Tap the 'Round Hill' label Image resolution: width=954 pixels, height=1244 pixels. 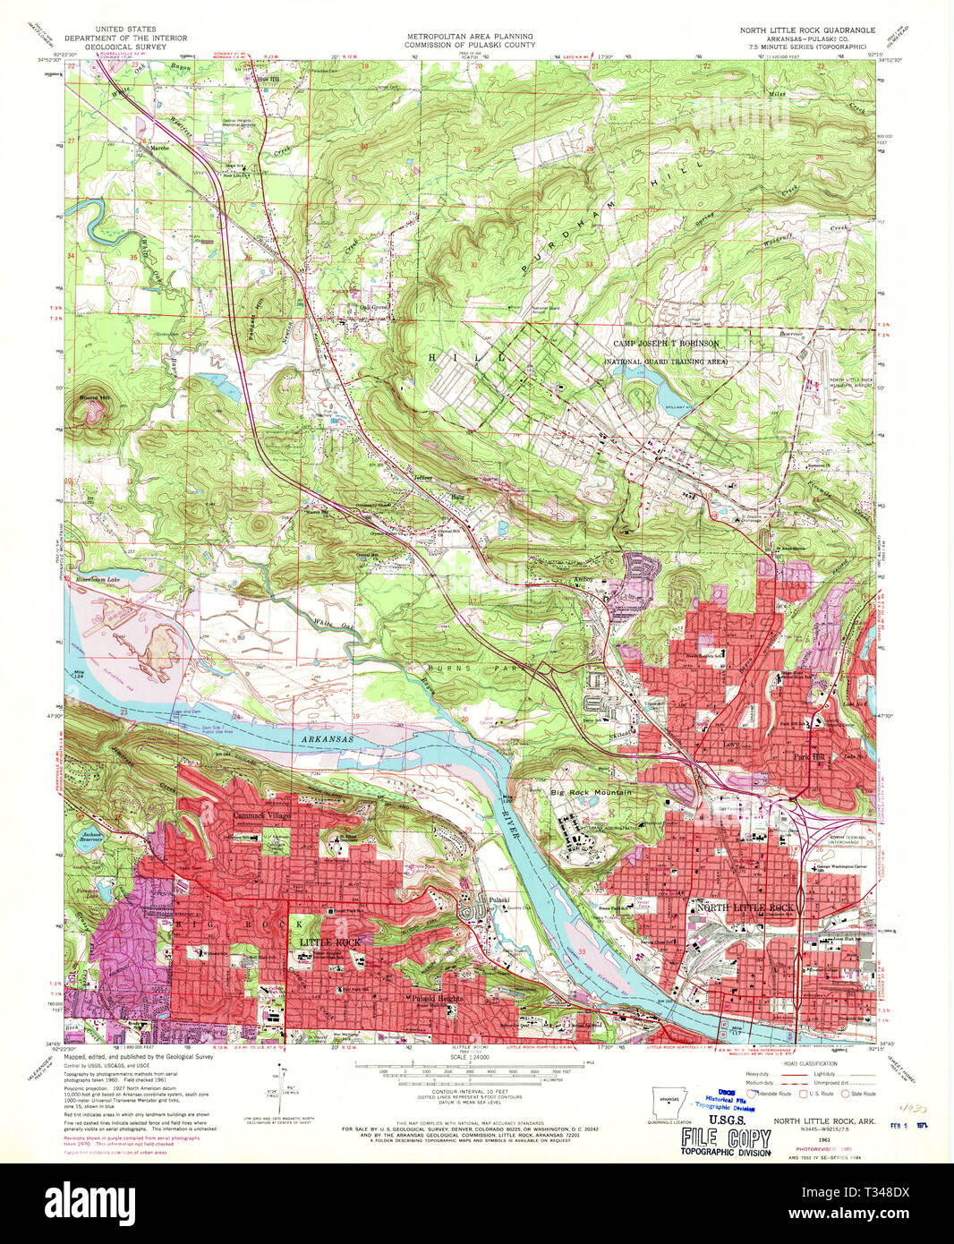93,396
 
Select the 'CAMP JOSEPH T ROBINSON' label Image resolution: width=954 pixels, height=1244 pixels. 665,344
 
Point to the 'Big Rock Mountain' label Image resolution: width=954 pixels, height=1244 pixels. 590,792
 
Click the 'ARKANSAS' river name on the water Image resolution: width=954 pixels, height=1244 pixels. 326,739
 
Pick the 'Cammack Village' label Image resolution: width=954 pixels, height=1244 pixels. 261,815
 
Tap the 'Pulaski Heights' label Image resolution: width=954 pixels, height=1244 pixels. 436,998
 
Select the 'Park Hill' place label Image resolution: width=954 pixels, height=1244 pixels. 808,755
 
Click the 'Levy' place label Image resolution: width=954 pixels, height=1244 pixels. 730,743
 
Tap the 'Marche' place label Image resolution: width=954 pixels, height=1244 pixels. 159,148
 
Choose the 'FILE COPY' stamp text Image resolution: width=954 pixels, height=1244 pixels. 726,1138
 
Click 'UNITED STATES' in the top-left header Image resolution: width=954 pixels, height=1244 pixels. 125,30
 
